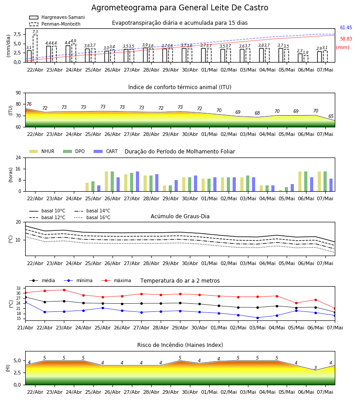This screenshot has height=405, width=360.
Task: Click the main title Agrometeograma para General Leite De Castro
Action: click(x=180, y=8)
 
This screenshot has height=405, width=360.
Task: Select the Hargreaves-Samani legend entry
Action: click(x=57, y=17)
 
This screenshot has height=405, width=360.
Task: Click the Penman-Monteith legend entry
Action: click(x=55, y=24)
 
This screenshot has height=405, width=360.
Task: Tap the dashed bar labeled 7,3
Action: click(x=35, y=49)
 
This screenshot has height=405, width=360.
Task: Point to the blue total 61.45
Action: click(x=346, y=27)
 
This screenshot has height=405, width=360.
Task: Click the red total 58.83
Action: click(x=346, y=39)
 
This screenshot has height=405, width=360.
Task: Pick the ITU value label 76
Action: click(x=29, y=104)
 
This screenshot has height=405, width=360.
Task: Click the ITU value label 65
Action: click(x=331, y=116)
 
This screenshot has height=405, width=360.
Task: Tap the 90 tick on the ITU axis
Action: click(x=18, y=93)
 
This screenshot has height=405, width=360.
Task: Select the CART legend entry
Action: click(x=106, y=151)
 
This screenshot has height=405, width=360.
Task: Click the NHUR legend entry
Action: click(x=42, y=151)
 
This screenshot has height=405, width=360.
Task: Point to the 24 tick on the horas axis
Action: click(x=18, y=157)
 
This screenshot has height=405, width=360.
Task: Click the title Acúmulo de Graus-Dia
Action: click(x=180, y=216)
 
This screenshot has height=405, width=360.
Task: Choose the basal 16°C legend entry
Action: click(x=92, y=217)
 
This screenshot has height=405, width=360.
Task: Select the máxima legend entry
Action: click(x=116, y=280)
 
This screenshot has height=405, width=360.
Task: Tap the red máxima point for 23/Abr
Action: click(x=64, y=290)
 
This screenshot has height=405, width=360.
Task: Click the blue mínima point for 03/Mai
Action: click(x=257, y=318)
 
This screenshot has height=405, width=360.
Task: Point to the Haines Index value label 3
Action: click(x=315, y=368)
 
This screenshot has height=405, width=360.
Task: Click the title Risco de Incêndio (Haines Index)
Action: click(x=180, y=345)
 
